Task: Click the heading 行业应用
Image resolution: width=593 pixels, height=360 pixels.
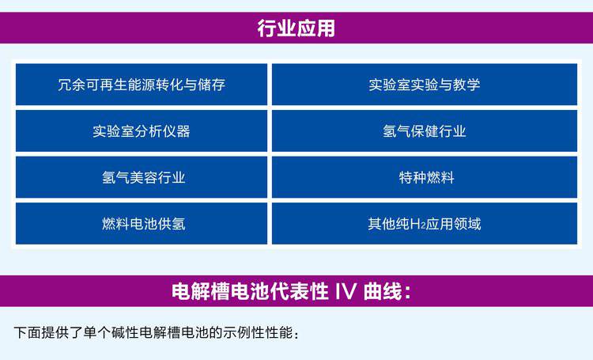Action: coord(296,28)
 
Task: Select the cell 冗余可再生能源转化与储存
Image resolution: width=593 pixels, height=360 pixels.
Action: coord(142,85)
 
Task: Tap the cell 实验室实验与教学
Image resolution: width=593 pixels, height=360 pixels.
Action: coord(425,85)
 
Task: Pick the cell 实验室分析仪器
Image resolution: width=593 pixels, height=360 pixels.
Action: coord(142,131)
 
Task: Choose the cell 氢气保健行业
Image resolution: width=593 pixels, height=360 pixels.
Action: coord(425,131)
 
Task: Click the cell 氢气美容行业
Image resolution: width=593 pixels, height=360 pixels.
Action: coord(142,177)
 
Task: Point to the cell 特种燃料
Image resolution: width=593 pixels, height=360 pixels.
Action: coord(425,177)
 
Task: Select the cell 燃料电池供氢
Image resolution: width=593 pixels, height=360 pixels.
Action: coord(142,223)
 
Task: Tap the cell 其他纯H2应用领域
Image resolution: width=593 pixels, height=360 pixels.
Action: coord(425,223)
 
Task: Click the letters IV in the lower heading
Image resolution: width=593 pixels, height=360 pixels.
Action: coord(346,291)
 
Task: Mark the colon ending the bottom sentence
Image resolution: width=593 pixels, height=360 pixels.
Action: coord(296,334)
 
